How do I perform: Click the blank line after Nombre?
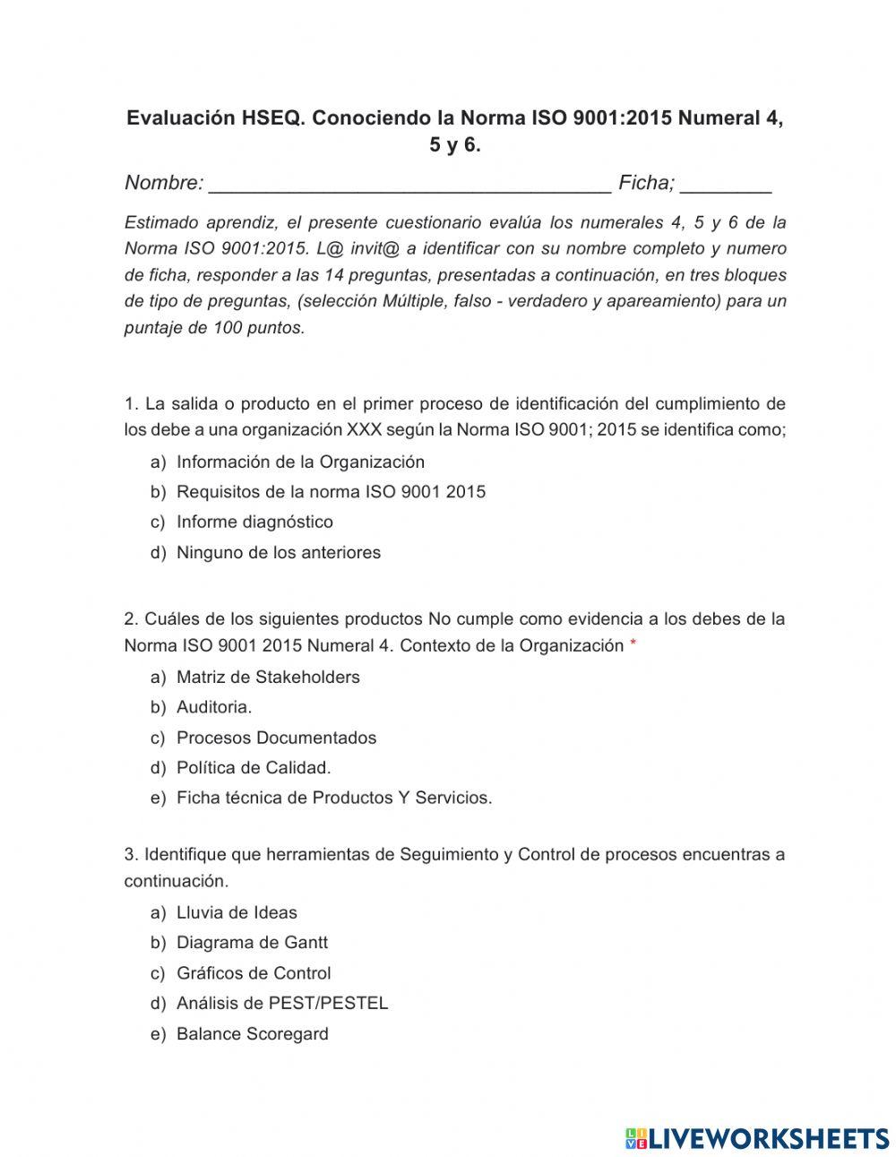[x=409, y=186]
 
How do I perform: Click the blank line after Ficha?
[x=725, y=186]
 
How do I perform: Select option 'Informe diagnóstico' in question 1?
[x=254, y=522]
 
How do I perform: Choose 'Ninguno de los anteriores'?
[x=278, y=552]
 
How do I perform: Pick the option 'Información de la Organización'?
[x=300, y=462]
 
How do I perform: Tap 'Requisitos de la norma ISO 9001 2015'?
[x=331, y=491]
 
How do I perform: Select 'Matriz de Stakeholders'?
[x=268, y=677]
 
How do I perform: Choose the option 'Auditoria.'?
[x=214, y=707]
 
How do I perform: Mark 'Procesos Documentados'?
[x=276, y=738]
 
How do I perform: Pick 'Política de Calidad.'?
[x=254, y=767]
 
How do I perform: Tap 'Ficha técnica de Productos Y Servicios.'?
[x=334, y=798]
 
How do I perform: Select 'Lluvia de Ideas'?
[x=237, y=912]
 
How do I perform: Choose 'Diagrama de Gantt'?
[x=252, y=942]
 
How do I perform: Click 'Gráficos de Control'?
[x=254, y=972]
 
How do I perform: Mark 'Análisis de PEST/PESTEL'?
[x=282, y=1003]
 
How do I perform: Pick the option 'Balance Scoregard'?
[x=252, y=1033]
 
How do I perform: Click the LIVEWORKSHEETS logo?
[x=756, y=1138]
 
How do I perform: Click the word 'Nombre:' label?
[x=164, y=183]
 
